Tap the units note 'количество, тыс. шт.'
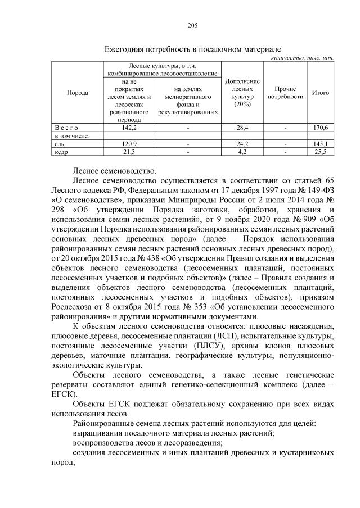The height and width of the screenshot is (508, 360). pyautogui.click(x=302, y=58)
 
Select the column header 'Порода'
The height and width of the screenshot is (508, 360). pyautogui.click(x=77, y=93)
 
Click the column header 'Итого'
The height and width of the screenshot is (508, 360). pyautogui.click(x=320, y=93)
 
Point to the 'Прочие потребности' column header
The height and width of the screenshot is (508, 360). pyautogui.click(x=285, y=93)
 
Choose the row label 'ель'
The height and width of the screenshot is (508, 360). pyautogui.click(x=58, y=144)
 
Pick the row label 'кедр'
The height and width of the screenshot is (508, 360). pyautogui.click(x=60, y=152)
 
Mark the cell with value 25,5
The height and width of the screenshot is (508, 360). pyautogui.click(x=320, y=152)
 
